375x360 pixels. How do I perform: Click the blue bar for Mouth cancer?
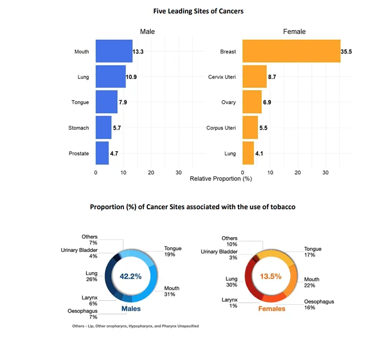click(x=114, y=51)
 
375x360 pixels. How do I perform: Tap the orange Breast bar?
click(x=291, y=51)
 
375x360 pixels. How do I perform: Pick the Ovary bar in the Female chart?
click(x=252, y=102)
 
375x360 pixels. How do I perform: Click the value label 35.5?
click(x=347, y=52)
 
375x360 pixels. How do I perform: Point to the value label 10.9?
click(x=131, y=77)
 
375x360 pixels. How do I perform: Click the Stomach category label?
click(x=79, y=128)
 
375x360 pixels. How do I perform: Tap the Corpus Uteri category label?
click(x=221, y=128)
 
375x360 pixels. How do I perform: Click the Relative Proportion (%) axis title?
click(x=221, y=179)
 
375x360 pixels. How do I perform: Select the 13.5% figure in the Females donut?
click(x=271, y=276)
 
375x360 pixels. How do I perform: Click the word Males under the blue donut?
click(x=131, y=309)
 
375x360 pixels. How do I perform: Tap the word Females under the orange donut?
click(x=272, y=309)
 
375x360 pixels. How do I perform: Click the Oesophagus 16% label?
click(x=319, y=304)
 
